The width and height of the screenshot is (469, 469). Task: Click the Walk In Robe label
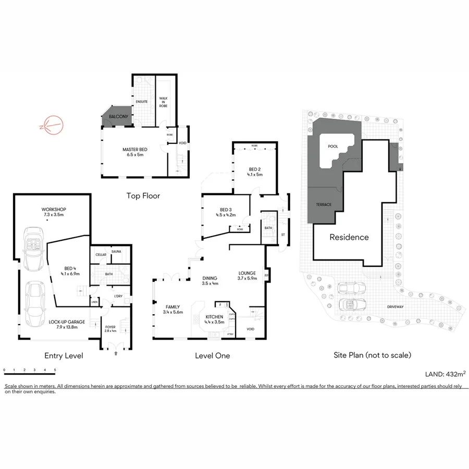[x=163, y=102]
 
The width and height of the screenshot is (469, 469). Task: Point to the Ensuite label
[x=142, y=101]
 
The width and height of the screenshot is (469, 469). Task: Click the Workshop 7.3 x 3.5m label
[x=54, y=212]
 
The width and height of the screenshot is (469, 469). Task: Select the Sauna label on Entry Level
[x=116, y=252]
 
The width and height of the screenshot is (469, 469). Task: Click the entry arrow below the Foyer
[x=116, y=353]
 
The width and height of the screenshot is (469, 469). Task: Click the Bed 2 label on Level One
[x=254, y=172]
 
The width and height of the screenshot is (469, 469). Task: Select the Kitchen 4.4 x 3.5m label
[x=214, y=319]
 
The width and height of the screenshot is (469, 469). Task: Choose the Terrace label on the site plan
[x=324, y=204]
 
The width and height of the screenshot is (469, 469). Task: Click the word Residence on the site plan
[x=349, y=237]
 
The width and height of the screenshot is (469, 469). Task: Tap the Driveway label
[x=395, y=307]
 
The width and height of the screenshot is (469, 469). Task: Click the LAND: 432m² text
[x=446, y=374]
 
